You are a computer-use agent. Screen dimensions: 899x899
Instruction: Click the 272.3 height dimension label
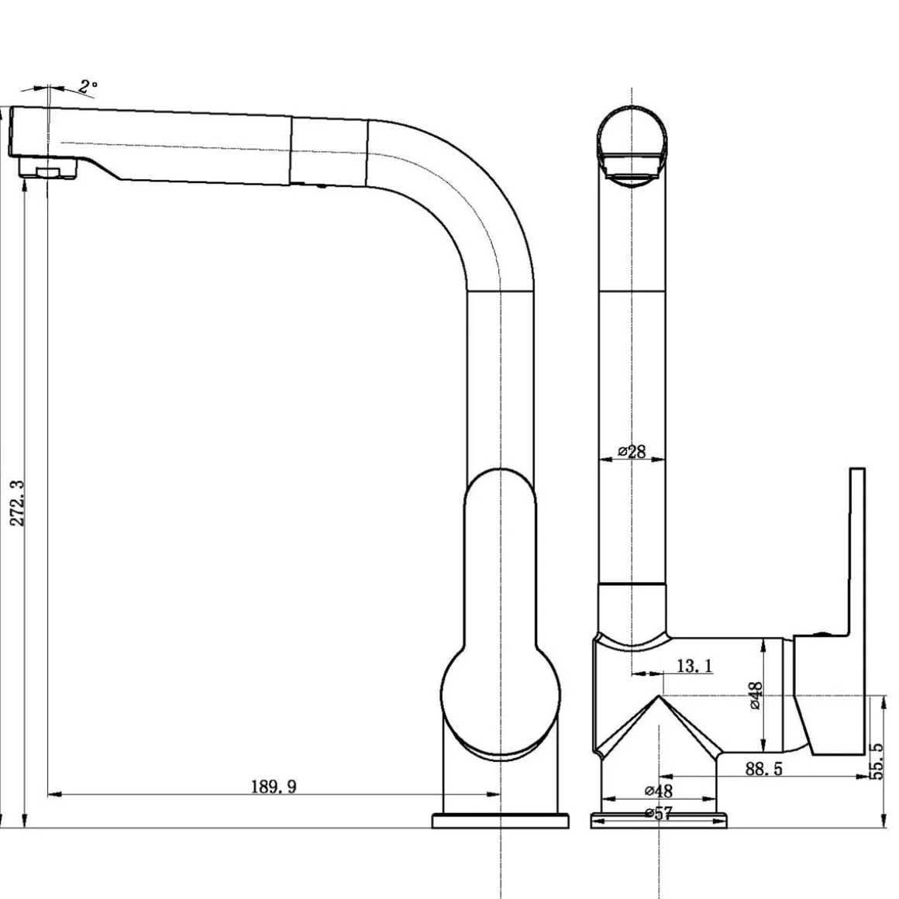pos(18,504)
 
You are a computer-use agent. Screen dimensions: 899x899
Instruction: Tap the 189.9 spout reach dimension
pos(274,786)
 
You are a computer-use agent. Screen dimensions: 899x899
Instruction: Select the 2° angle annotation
pos(88,87)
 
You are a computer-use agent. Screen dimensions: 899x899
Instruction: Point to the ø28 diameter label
pos(632,451)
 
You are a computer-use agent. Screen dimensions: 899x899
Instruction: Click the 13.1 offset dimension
pos(694,666)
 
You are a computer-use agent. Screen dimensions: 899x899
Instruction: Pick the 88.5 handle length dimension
pos(763,769)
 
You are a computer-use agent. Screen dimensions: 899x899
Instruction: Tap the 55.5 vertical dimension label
pos(877,761)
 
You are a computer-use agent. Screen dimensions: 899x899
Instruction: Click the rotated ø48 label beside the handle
pos(756,695)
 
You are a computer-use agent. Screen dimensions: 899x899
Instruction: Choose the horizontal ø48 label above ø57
pos(659,790)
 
